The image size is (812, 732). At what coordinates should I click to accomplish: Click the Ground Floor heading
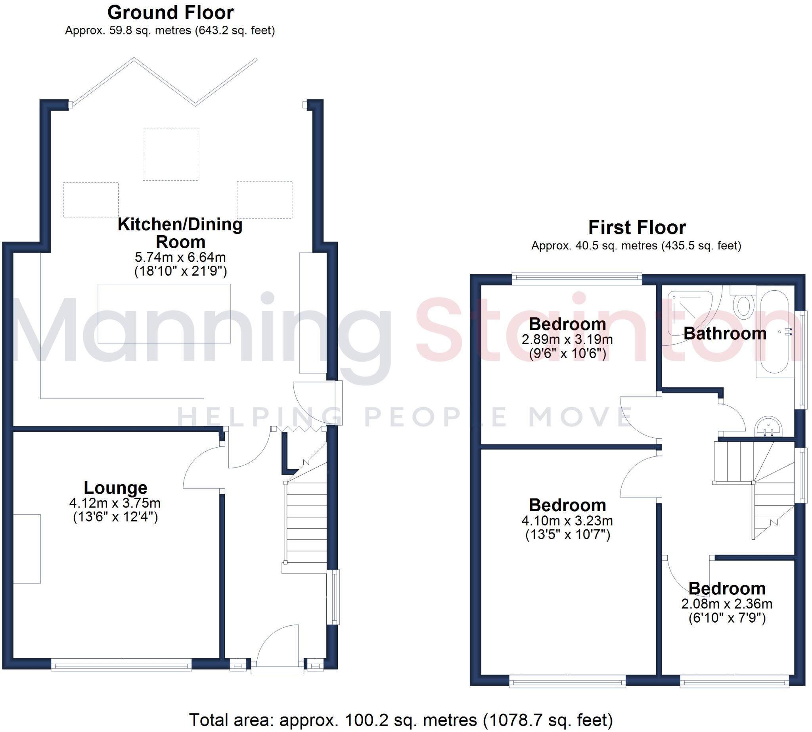tap(170, 12)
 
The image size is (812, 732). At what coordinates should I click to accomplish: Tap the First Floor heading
tap(637, 228)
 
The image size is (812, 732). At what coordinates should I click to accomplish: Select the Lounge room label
tap(115, 487)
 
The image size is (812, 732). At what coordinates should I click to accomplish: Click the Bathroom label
tap(725, 333)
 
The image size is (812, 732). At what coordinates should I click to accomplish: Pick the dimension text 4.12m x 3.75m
tap(115, 503)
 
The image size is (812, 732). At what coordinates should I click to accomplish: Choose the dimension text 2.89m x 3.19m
tap(567, 339)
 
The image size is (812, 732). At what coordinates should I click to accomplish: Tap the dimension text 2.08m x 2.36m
tap(726, 604)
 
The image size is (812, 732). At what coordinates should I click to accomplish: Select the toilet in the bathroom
tap(743, 306)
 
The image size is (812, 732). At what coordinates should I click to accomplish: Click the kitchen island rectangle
tap(164, 314)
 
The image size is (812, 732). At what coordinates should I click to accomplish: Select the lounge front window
tap(121, 667)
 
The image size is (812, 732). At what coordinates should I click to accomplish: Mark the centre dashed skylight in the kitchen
tap(170, 154)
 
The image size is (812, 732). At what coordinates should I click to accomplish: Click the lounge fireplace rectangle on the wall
tap(27, 548)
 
